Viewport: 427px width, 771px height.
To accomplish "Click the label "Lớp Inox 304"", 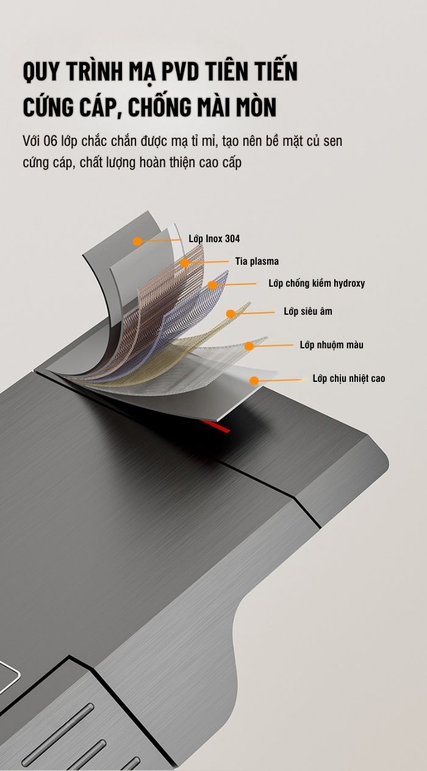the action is point(214,238).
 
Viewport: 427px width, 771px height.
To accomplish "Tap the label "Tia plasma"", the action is point(257,261).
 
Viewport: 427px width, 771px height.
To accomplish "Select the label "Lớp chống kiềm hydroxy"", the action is point(317,283).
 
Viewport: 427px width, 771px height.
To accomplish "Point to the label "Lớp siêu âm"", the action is point(308,311).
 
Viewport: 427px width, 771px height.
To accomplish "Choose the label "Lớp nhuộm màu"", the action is point(331,345).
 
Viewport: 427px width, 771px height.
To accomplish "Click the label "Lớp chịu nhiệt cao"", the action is point(349,378).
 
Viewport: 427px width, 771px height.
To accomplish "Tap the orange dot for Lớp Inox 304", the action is point(138,242).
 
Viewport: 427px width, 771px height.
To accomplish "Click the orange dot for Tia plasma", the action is point(185,263).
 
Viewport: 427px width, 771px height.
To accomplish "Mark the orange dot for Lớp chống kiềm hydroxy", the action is point(212,285).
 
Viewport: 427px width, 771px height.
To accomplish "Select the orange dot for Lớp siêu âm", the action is point(231,314).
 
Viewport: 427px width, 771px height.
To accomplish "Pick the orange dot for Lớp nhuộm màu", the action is point(249,346).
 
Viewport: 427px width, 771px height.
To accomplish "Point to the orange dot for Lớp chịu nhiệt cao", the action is point(254,381).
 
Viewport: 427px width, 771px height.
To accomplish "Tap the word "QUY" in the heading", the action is point(40,72).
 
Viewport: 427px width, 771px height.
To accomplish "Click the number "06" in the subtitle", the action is point(50,141).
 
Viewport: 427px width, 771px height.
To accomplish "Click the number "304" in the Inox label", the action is point(232,238).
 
